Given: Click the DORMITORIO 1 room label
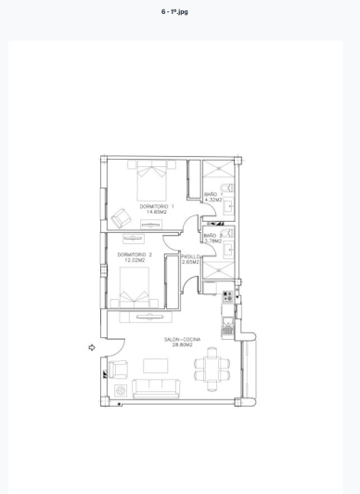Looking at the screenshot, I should click(157, 206).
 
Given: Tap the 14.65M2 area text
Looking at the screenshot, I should click(157, 213).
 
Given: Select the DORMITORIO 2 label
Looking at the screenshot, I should click(135, 254).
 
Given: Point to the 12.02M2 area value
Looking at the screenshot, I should click(135, 261).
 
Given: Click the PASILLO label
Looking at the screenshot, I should click(191, 255).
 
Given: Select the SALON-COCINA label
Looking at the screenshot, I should click(183, 340).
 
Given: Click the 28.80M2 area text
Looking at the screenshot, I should click(183, 346).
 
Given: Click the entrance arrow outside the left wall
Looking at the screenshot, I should click(92, 348).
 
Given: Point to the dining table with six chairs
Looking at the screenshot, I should click(215, 369).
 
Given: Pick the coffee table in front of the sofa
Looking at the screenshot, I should click(155, 366).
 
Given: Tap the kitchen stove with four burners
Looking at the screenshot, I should click(227, 297).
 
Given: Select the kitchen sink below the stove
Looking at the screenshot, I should click(227, 326).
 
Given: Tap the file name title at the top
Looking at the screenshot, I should click(175, 11).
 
